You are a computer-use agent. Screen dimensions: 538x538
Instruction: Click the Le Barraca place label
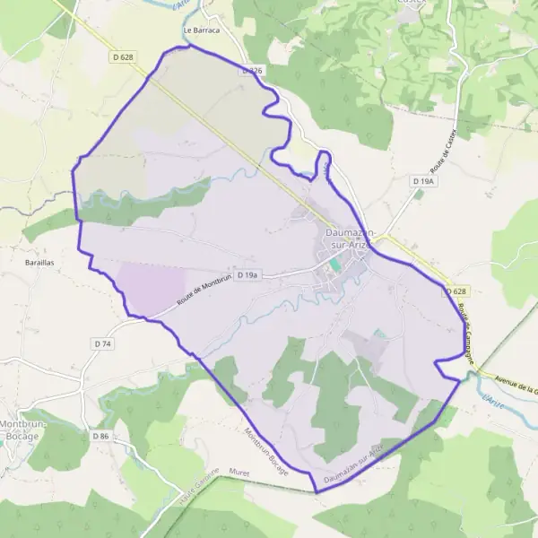201,30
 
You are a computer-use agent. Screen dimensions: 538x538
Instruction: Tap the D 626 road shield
252,70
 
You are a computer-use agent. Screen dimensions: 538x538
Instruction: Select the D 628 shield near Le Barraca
124,57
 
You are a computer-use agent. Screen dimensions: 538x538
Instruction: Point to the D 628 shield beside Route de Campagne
457,291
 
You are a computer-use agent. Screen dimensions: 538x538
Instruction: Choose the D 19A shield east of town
423,181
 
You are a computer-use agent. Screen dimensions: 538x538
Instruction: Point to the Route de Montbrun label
204,291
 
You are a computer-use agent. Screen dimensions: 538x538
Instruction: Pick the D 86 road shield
99,436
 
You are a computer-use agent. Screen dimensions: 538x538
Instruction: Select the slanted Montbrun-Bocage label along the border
265,451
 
